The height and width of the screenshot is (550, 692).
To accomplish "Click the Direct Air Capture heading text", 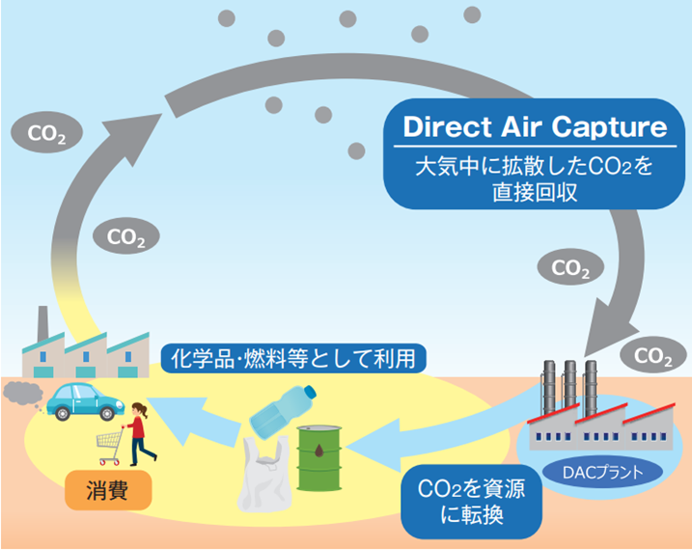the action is tap(535, 127).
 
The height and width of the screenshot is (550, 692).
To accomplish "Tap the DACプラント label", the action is tap(602, 473).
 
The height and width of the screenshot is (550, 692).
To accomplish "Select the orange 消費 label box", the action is tap(108, 490).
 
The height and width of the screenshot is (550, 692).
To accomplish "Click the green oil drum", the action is tap(319, 458).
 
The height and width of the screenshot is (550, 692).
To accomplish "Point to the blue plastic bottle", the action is tap(283, 411).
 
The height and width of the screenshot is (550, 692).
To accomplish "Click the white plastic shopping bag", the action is tap(264, 474).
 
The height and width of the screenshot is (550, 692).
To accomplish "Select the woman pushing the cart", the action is tap(140, 433).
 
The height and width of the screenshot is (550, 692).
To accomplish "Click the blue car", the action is tap(85, 401).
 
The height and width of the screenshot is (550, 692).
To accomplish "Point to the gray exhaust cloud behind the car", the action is tap(23, 393).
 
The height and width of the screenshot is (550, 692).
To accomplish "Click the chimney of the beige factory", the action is tap(42, 324).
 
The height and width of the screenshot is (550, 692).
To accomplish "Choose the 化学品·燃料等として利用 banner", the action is tap(293, 358).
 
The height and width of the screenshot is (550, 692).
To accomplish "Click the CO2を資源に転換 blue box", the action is tap(471, 502).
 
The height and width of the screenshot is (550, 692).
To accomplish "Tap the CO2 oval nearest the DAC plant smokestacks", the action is tap(653, 355).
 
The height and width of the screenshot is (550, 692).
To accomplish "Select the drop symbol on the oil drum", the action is tap(319, 451).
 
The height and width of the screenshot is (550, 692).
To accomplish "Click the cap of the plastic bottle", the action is tap(310, 391).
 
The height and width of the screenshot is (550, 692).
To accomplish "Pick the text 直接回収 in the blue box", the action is tap(535, 192).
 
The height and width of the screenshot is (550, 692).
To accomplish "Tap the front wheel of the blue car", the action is tap(107, 414).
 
